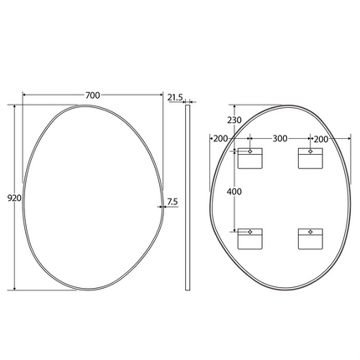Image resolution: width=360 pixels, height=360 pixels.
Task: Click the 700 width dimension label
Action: tap(92, 95)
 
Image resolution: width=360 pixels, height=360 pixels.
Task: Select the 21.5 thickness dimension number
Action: tap(176, 98)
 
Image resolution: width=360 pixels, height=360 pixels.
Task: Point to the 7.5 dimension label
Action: tap(172, 201)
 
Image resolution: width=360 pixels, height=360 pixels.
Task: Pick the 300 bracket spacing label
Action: tap(280, 138)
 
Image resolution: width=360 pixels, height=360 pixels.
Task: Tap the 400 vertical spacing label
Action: tap(235, 192)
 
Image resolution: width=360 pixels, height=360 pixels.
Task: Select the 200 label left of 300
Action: tap(220, 138)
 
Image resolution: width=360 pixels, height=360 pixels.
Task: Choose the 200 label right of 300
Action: tap(321, 138)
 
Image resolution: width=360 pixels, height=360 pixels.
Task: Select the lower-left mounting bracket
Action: tap(249, 239)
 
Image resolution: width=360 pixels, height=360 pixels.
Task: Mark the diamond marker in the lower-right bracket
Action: tap(309, 231)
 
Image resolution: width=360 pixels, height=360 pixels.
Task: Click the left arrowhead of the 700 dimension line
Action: tap(24, 95)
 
